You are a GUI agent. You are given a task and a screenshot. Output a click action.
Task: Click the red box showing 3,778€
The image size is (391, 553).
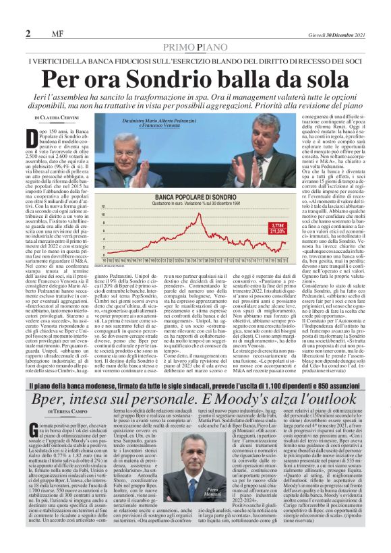click(260, 225)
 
